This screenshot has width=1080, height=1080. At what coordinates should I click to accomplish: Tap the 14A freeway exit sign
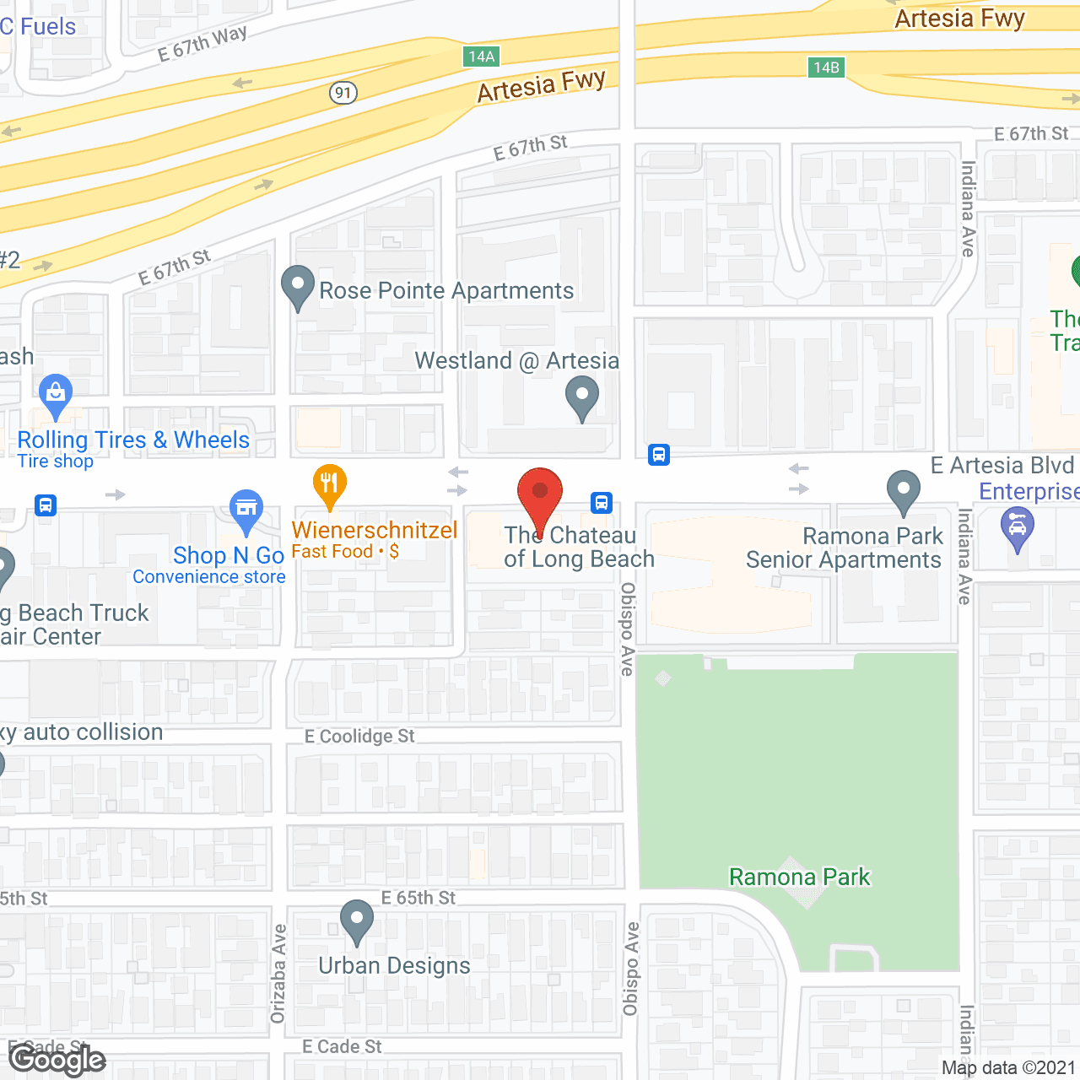[x=481, y=57]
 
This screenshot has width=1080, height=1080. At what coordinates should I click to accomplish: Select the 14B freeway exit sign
[x=826, y=67]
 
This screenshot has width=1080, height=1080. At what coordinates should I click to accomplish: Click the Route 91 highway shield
[x=343, y=93]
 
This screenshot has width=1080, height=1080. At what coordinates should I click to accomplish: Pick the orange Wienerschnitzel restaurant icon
[x=330, y=484]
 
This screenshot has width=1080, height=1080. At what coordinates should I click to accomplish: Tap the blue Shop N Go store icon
[x=246, y=510]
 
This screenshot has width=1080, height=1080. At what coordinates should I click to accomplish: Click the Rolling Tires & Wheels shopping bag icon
[x=56, y=394]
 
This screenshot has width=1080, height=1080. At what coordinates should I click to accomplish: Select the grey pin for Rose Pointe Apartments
[x=297, y=286]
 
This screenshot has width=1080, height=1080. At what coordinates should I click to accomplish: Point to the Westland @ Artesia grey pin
[x=581, y=396]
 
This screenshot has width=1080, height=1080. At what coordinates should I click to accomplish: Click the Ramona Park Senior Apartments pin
[x=904, y=490]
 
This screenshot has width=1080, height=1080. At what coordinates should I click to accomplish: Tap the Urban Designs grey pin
[x=357, y=921]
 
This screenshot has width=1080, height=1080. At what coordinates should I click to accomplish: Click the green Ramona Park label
[x=799, y=877]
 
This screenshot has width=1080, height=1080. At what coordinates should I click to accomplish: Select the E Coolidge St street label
[x=359, y=737]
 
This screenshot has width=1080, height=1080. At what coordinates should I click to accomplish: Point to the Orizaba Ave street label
[x=278, y=974]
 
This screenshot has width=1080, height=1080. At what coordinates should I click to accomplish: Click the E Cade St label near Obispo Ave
[x=342, y=1047]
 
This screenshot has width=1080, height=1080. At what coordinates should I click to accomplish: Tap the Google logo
[x=57, y=1060]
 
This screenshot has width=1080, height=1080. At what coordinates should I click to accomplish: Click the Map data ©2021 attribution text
[x=1008, y=1068]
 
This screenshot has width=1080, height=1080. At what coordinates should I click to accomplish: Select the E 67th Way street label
[x=202, y=44]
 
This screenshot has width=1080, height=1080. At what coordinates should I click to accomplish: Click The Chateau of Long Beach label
[x=579, y=547]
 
